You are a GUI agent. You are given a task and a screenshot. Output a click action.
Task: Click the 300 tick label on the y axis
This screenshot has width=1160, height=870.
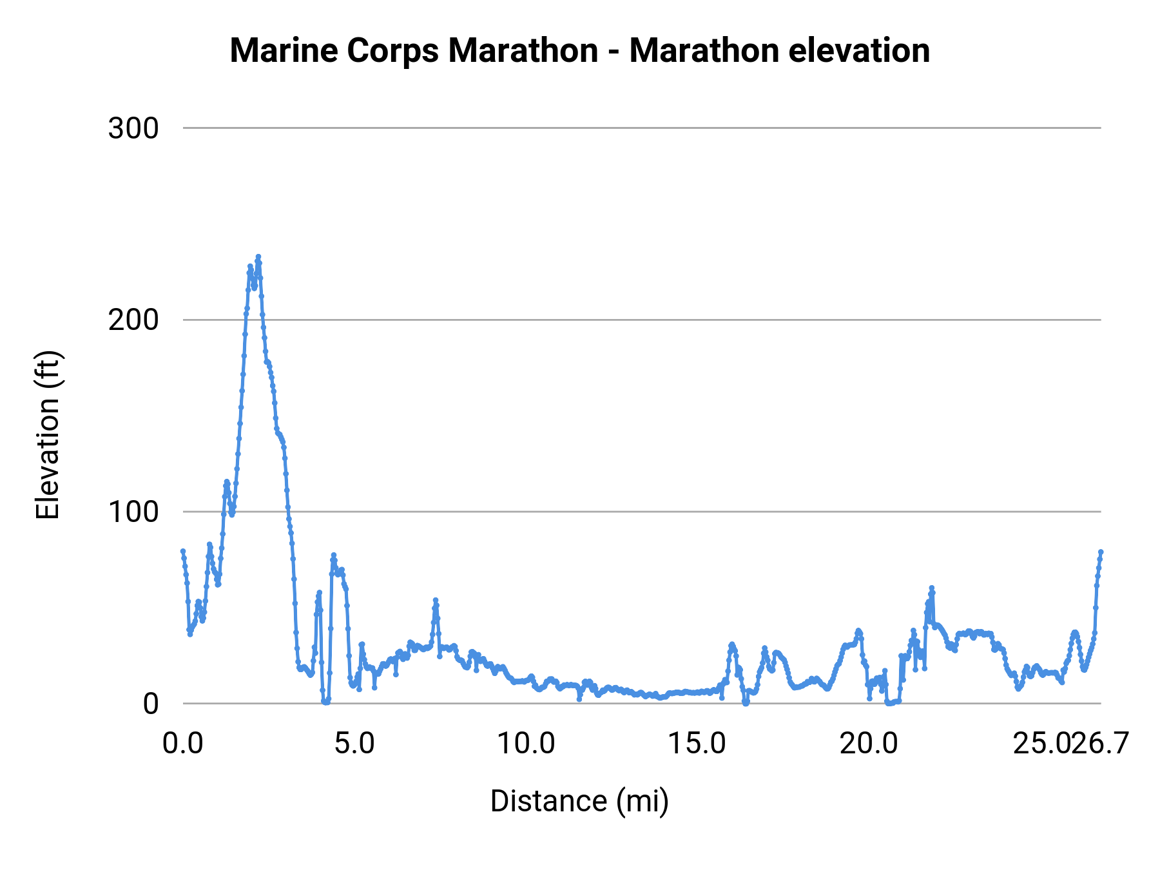point(133,128)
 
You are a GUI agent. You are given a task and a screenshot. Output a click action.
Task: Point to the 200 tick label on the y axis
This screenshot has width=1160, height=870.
point(133,320)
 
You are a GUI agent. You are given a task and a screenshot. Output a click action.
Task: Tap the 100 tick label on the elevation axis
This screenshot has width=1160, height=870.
point(133,512)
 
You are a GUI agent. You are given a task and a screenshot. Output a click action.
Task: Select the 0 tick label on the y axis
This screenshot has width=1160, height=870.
point(150,704)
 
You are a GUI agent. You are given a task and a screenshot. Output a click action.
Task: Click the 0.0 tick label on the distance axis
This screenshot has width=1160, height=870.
point(183,744)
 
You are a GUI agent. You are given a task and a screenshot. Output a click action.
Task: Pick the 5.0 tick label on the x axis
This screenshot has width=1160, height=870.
point(354,744)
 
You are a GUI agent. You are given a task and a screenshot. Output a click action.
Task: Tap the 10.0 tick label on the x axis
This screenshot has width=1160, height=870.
point(526,744)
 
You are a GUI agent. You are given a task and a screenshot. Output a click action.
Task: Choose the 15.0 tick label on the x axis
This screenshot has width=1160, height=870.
point(697,744)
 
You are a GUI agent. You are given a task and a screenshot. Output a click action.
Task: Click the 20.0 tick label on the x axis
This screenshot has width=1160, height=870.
point(868,744)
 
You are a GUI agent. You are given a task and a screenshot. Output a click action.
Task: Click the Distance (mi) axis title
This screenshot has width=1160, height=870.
point(579,802)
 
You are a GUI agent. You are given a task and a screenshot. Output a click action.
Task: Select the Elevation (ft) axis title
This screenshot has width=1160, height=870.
point(48,435)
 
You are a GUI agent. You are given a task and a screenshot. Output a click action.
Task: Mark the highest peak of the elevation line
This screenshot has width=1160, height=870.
point(258,256)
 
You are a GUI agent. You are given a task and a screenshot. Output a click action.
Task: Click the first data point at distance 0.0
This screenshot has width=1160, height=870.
point(183,551)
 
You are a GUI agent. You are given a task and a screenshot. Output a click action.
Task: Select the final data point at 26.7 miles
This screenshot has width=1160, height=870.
point(1101,552)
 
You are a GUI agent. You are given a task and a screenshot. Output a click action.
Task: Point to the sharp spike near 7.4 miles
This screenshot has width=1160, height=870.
point(435,600)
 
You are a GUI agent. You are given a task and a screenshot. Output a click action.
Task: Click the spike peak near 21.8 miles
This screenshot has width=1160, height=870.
point(931,588)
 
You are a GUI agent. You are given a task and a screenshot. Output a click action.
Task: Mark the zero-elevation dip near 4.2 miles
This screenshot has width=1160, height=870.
point(325,702)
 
